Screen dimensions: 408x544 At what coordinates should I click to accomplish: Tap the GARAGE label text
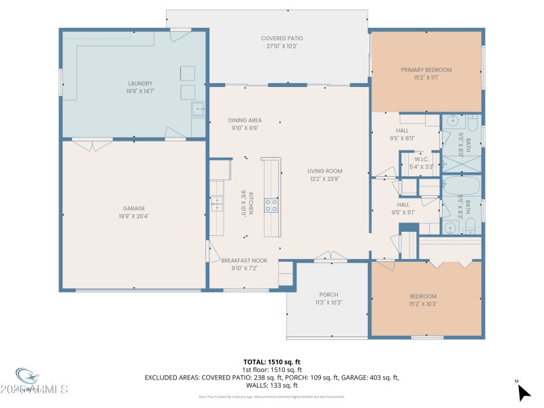[134, 208]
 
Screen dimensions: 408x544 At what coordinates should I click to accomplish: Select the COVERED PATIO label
[281, 38]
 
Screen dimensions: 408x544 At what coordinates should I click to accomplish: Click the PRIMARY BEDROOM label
[426, 69]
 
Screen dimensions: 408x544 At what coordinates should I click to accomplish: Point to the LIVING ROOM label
[324, 171]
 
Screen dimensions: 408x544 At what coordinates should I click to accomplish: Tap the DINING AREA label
[245, 120]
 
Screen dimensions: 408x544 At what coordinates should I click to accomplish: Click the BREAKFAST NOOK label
[245, 260]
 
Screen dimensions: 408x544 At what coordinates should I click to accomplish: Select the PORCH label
[328, 294]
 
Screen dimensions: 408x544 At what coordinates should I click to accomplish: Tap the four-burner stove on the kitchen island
[271, 204]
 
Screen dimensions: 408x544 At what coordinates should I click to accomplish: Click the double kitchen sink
[217, 203]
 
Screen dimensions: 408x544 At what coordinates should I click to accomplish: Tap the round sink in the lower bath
[449, 228]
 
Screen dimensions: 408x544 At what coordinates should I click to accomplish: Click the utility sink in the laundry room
[199, 108]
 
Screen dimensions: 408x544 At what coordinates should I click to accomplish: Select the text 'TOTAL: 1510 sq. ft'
[272, 362]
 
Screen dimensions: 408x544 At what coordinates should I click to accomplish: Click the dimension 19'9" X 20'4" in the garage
[134, 216]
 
